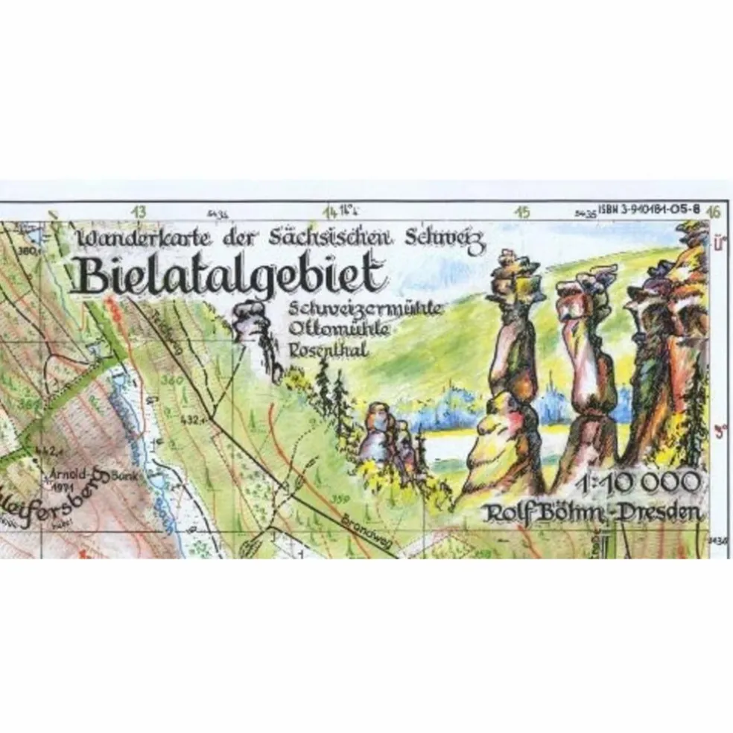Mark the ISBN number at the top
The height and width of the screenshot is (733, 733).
pos(649,210)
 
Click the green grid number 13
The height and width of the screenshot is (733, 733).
pos(139,212)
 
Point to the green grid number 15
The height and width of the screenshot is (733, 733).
pos(523,212)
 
